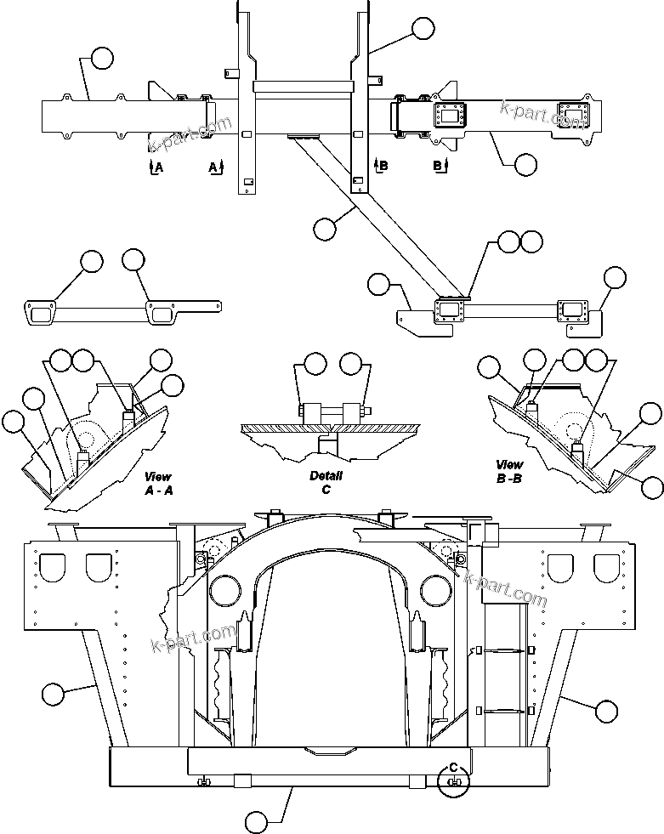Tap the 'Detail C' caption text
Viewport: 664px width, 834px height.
[x=326, y=483]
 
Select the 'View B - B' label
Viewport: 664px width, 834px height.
[x=510, y=471]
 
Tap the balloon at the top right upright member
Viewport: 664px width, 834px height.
[x=423, y=29]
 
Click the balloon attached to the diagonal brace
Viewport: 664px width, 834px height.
[x=324, y=228]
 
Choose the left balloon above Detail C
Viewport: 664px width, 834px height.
[x=315, y=365]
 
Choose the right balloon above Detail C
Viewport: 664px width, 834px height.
[x=350, y=365]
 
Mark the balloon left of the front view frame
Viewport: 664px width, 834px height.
[x=53, y=694]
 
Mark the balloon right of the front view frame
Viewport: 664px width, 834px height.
[x=606, y=710]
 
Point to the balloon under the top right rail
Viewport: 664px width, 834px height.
[x=526, y=165]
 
